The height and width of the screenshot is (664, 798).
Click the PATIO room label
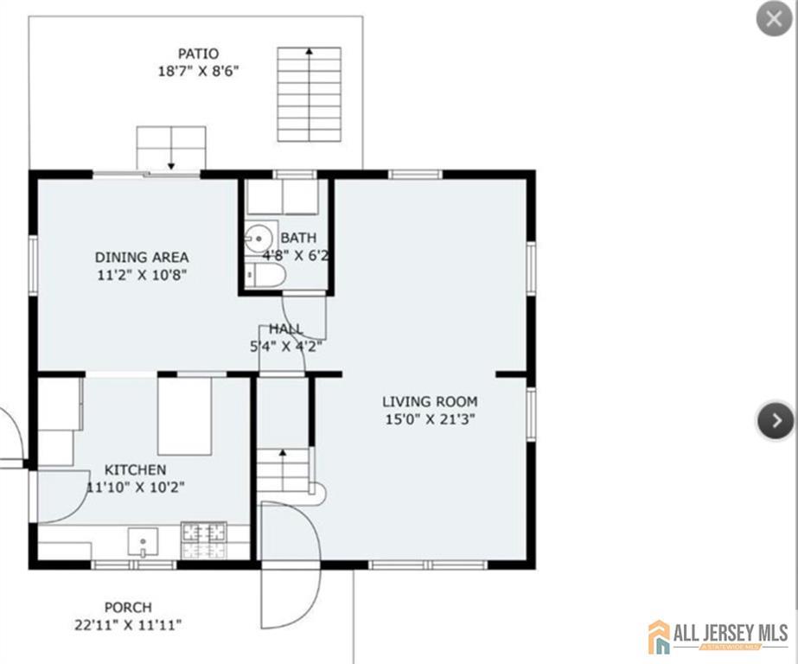point(199,54)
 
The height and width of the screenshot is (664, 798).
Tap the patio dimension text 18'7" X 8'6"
point(199,71)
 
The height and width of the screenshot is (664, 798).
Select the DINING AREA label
point(142,257)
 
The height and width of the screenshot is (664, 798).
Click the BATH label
point(299,238)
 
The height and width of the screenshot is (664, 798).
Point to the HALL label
point(286,329)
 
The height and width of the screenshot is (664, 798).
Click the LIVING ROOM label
point(430,402)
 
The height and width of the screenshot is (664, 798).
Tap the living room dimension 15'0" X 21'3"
point(430,420)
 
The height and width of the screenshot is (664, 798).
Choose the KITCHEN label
point(136,469)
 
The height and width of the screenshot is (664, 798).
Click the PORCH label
point(128,608)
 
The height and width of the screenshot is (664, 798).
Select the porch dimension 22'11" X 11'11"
point(128,625)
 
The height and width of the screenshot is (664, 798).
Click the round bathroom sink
point(258,238)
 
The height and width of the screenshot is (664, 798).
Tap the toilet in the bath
point(265,275)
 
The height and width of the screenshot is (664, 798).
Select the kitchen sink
point(143,542)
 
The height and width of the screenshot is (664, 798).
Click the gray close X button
point(774,19)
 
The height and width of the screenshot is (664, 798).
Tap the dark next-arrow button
point(776,420)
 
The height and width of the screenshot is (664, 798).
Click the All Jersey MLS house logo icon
point(659,636)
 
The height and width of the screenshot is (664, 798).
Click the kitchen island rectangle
point(185,416)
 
